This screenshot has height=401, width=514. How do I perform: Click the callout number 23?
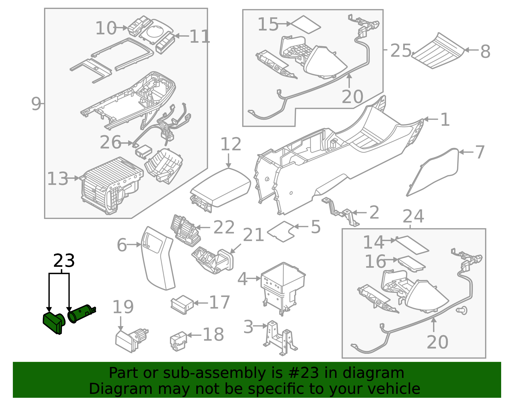[64, 261]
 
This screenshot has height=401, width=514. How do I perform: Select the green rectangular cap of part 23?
[53, 322]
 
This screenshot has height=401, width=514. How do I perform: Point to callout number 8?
[485, 51]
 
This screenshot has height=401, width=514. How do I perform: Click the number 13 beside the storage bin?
[58, 179]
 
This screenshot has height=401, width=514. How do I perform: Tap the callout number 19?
[123, 307]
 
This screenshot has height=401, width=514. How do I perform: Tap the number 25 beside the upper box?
[400, 51]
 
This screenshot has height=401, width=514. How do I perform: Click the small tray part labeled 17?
[182, 304]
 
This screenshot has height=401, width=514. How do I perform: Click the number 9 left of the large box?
[36, 104]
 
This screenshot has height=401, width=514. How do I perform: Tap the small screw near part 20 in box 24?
[462, 310]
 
